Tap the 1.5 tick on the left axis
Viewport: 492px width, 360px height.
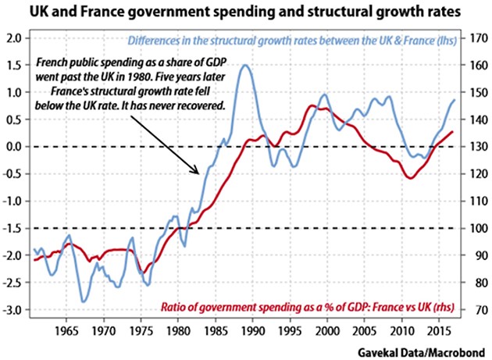(x=13, y=66)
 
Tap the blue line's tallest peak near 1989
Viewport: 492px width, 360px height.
(x=244, y=66)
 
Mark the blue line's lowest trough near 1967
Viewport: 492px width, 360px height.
(x=84, y=301)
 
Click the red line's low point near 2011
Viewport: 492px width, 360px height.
(x=409, y=178)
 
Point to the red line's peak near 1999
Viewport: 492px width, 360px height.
(x=316, y=106)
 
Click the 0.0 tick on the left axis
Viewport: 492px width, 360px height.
(x=13, y=147)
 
